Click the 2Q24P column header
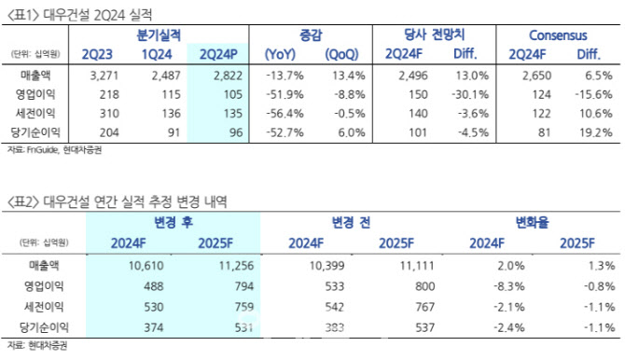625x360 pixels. [218, 54]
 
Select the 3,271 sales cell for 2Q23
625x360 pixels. [104, 76]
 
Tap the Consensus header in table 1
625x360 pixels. [558, 35]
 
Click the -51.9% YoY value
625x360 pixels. [285, 94]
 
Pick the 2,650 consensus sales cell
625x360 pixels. [537, 76]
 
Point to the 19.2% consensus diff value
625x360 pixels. [595, 132]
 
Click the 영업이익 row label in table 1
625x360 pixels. [35, 94]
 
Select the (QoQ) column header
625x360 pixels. [341, 54]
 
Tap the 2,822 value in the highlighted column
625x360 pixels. [228, 76]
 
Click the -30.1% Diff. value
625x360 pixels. [470, 94]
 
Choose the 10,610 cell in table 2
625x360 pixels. [146, 266]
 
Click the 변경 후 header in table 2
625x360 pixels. [174, 222]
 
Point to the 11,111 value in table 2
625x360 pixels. [417, 266]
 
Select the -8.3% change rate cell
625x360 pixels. [509, 286]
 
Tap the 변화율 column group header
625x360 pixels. [532, 222]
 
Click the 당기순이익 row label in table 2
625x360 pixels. [44, 327]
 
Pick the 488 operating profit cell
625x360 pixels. [154, 286]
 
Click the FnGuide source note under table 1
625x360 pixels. [54, 150]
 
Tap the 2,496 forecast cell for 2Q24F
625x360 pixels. [413, 76]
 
